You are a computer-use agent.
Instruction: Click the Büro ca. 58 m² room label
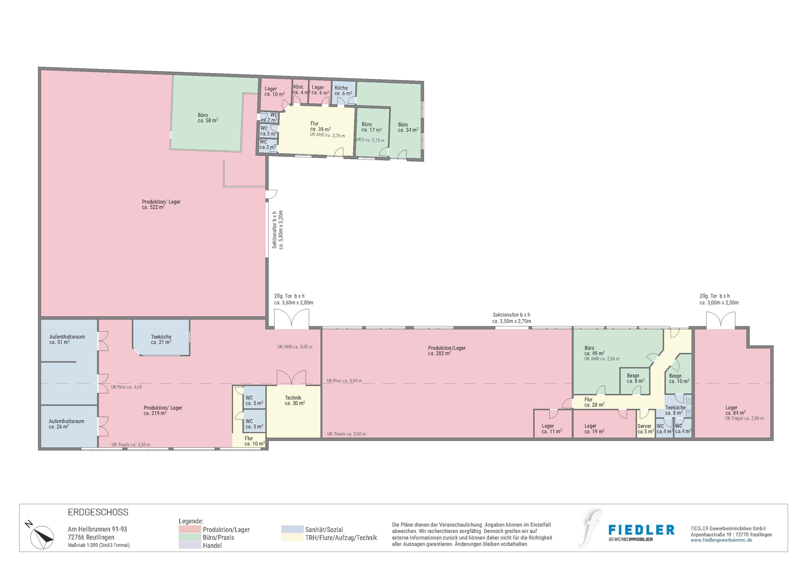[x=207, y=118]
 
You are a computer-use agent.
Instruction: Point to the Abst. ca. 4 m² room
[x=300, y=90]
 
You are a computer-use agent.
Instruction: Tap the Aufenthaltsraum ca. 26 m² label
[x=66, y=424]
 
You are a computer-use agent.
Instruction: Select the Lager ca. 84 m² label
[x=734, y=411]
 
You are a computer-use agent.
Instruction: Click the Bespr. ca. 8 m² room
[x=635, y=378]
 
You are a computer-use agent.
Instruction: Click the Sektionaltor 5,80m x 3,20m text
[x=278, y=229]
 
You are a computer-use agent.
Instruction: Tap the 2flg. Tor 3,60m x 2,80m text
[x=293, y=299]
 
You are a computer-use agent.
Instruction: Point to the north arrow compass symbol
[x=42, y=537]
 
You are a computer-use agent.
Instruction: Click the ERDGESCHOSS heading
[x=98, y=512]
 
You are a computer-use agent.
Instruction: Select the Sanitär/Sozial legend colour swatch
[x=292, y=529]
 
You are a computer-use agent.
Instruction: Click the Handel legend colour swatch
[x=190, y=545]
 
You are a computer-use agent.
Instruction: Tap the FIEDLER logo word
[x=641, y=530]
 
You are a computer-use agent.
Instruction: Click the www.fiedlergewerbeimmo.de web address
[x=721, y=540]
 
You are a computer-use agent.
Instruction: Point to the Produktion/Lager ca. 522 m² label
[x=161, y=204]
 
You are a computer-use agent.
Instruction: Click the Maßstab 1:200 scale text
[x=98, y=545]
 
